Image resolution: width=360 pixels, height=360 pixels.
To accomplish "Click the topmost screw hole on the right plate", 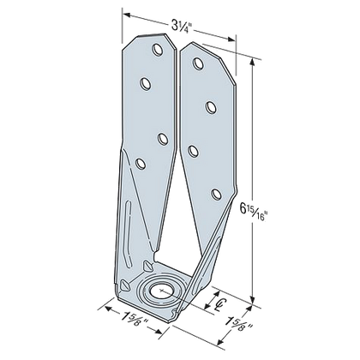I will click(198, 62).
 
